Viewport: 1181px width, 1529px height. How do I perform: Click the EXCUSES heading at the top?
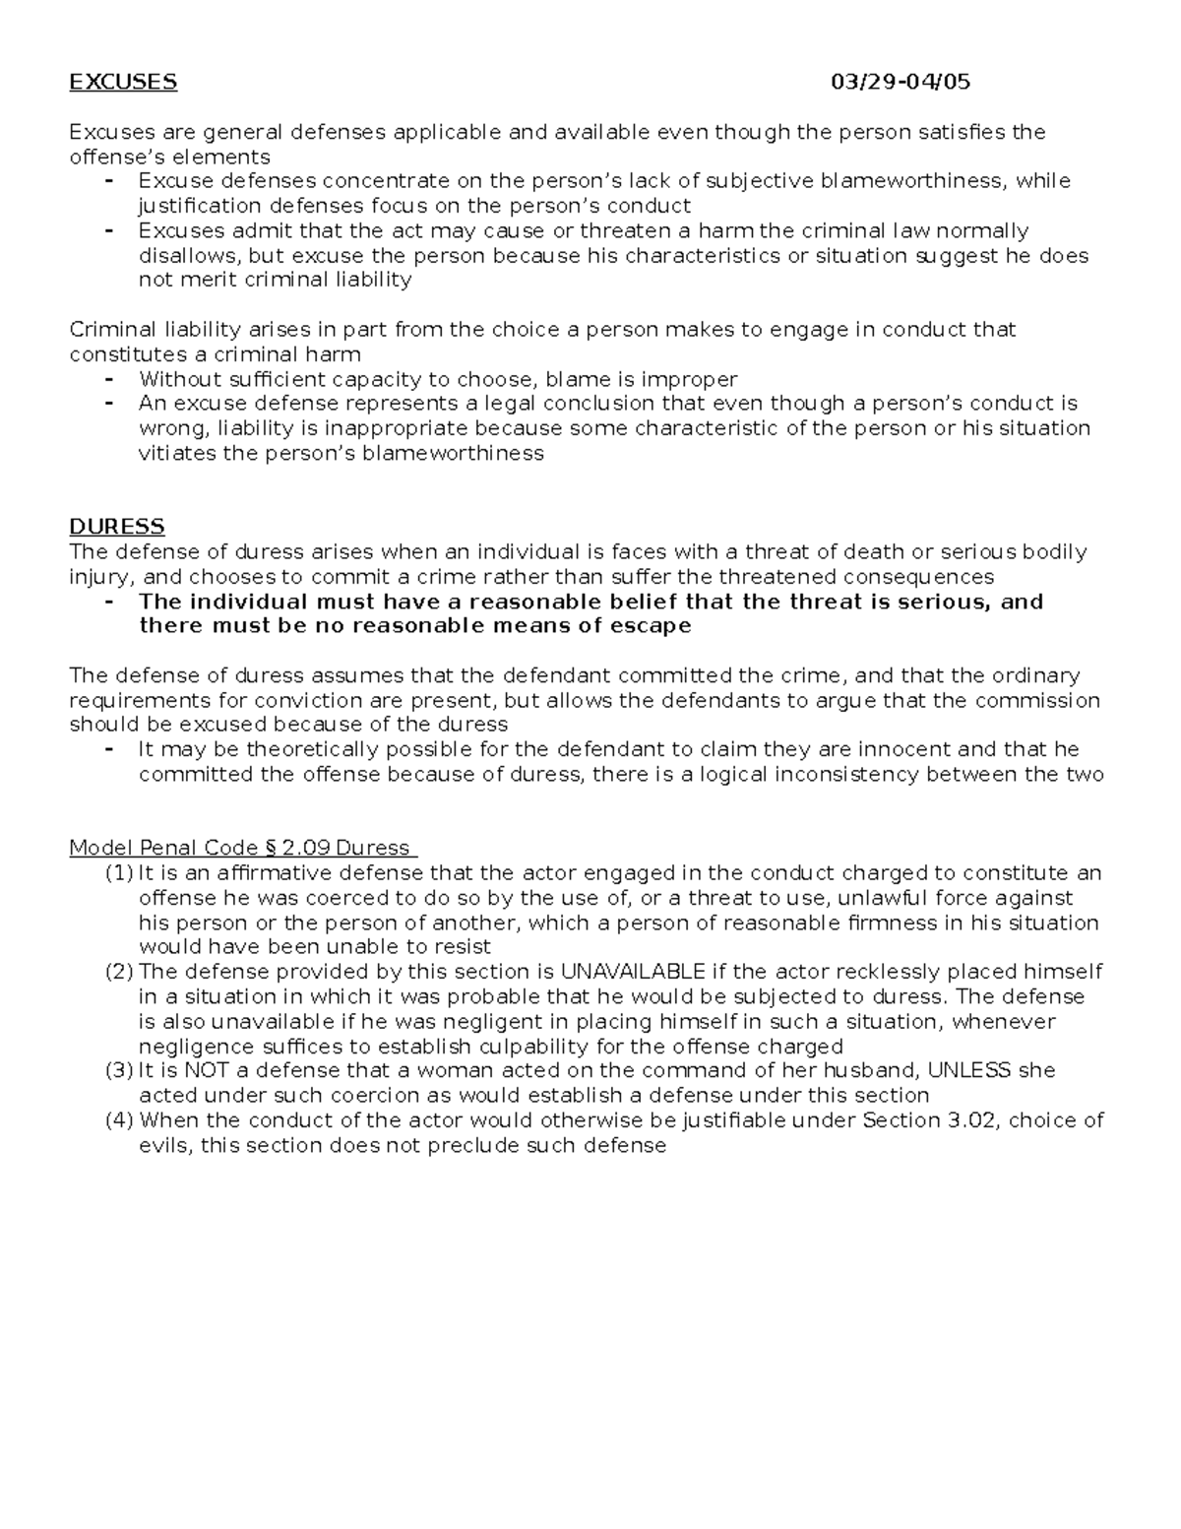point(123,82)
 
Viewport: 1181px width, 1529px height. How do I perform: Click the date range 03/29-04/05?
point(901,82)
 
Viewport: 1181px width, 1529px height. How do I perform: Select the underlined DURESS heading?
point(117,527)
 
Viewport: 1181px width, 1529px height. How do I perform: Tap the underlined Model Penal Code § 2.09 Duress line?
point(243,848)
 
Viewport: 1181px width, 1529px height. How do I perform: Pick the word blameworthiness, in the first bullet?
point(911,181)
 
